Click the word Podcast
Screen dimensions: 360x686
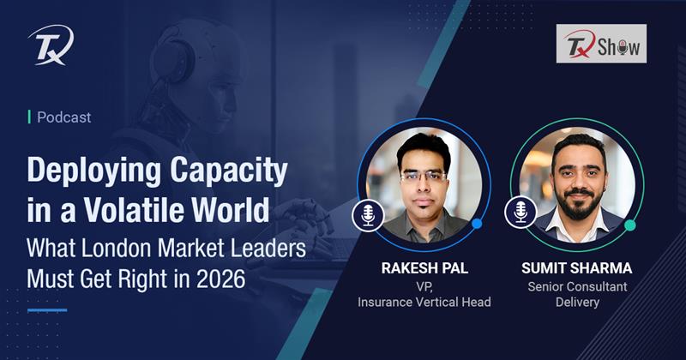click(63, 117)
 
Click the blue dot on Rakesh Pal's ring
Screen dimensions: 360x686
click(477, 224)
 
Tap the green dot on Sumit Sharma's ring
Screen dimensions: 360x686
click(629, 225)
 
